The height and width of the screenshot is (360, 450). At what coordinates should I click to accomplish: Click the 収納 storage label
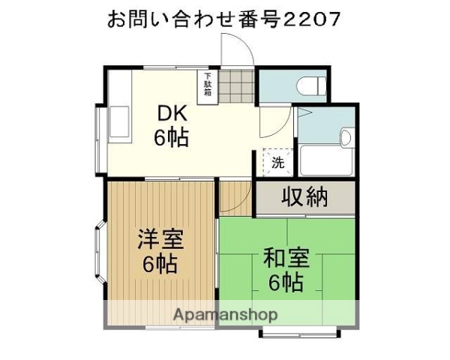[305, 197]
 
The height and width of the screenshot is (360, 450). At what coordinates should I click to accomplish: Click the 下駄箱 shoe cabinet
[207, 85]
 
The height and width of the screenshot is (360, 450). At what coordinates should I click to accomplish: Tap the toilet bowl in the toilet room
[310, 86]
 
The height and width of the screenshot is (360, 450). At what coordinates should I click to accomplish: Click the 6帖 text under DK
[171, 137]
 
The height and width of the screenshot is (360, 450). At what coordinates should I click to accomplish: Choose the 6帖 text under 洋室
[160, 265]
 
